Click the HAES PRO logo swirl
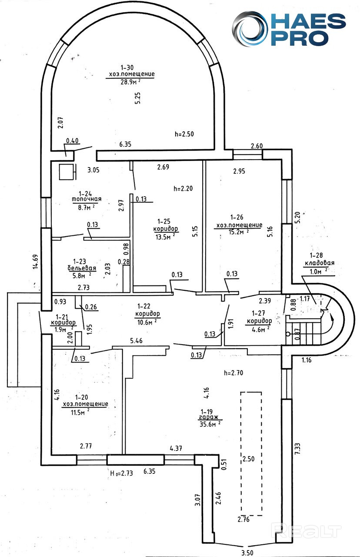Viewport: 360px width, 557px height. (x=250, y=29)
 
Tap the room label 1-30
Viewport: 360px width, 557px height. (x=127, y=67)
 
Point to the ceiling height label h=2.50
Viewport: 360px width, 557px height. (x=184, y=134)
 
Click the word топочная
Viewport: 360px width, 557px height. (x=87, y=199)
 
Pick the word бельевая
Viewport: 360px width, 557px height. (x=82, y=268)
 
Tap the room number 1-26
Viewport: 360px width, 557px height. (x=237, y=217)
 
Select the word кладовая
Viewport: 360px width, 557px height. (x=320, y=262)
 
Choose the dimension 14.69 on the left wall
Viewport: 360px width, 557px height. (x=36, y=262)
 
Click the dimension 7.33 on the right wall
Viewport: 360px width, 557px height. (x=298, y=448)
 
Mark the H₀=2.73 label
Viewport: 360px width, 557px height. (x=121, y=473)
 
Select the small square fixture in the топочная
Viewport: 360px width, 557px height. (x=67, y=171)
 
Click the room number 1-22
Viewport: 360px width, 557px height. (x=143, y=306)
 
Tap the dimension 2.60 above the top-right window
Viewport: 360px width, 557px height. (x=257, y=146)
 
